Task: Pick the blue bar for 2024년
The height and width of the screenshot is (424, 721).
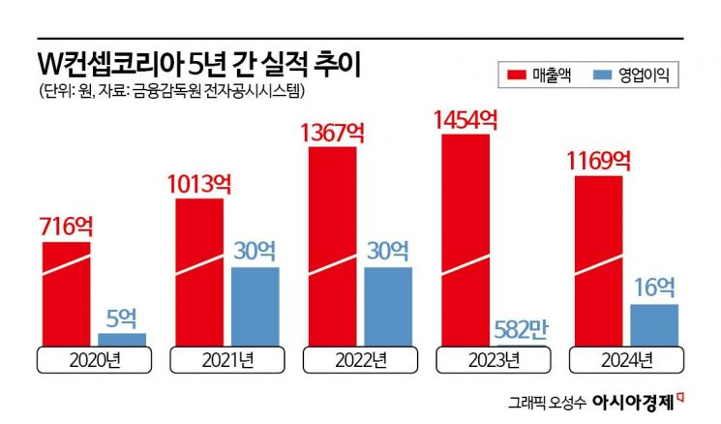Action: click(x=653, y=324)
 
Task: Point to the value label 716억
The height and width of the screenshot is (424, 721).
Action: click(x=67, y=227)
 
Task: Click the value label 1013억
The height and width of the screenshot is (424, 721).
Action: click(x=198, y=184)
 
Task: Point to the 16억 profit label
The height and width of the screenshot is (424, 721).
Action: click(x=654, y=288)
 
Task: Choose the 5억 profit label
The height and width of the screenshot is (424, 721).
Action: click(x=122, y=318)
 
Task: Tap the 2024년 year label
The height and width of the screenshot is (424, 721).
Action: click(x=624, y=360)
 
